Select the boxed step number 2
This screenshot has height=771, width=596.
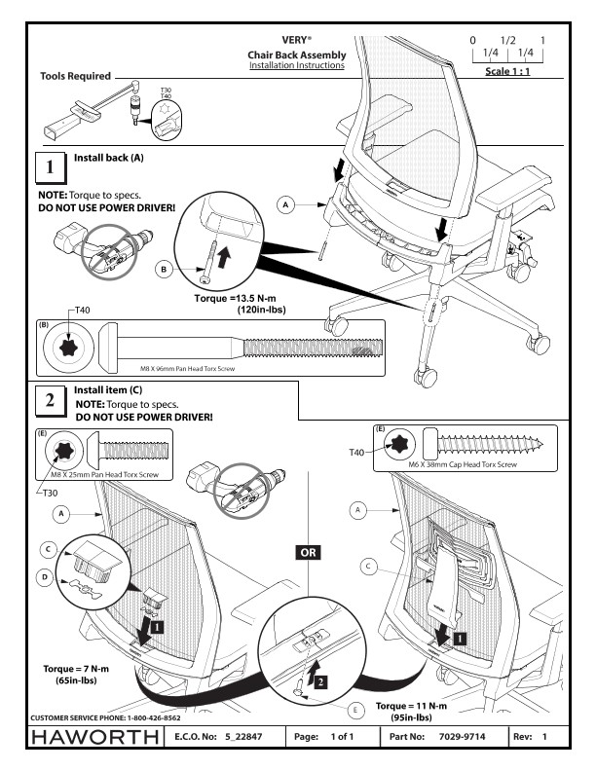[x=50, y=400]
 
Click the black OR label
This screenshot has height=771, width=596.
[x=305, y=552]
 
